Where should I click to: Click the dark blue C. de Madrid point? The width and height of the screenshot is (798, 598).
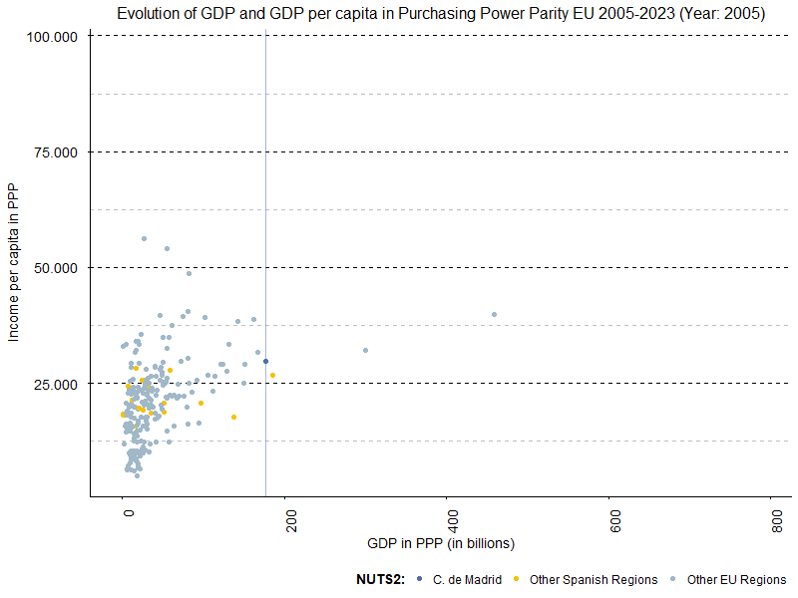click(265, 361)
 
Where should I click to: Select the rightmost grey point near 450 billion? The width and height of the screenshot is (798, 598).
click(494, 314)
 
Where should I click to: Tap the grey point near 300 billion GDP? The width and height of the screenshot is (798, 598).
click(365, 350)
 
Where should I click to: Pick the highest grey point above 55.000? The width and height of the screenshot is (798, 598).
click(144, 238)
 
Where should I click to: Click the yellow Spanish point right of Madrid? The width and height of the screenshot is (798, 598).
click(272, 375)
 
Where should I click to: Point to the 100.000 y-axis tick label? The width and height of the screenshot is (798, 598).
click(53, 36)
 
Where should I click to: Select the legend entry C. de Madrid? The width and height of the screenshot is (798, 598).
click(467, 579)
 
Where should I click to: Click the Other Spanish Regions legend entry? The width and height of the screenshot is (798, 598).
click(594, 579)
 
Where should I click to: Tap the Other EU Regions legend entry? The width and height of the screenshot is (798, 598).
click(736, 579)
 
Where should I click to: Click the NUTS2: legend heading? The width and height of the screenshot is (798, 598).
click(380, 579)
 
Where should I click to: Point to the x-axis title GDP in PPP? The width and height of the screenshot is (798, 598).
click(440, 543)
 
